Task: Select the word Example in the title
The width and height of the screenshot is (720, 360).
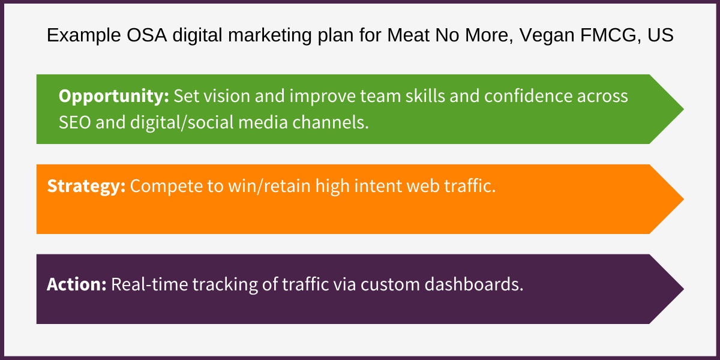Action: [77, 36]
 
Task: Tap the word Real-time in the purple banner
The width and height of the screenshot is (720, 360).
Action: [149, 284]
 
